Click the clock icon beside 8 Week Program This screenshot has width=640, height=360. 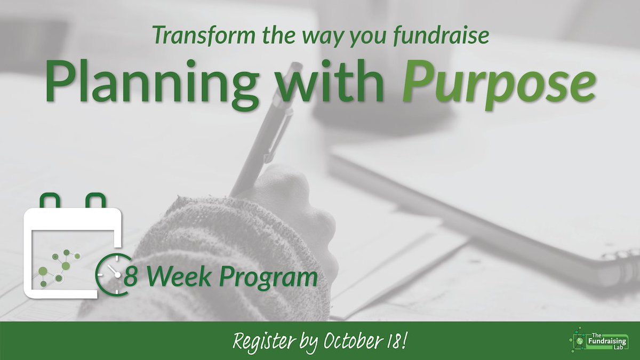[110, 278]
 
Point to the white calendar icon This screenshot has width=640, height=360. [72, 251]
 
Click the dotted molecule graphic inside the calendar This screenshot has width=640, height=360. [59, 267]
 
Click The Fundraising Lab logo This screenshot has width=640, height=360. [597, 341]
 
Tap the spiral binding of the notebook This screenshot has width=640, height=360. [619, 267]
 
